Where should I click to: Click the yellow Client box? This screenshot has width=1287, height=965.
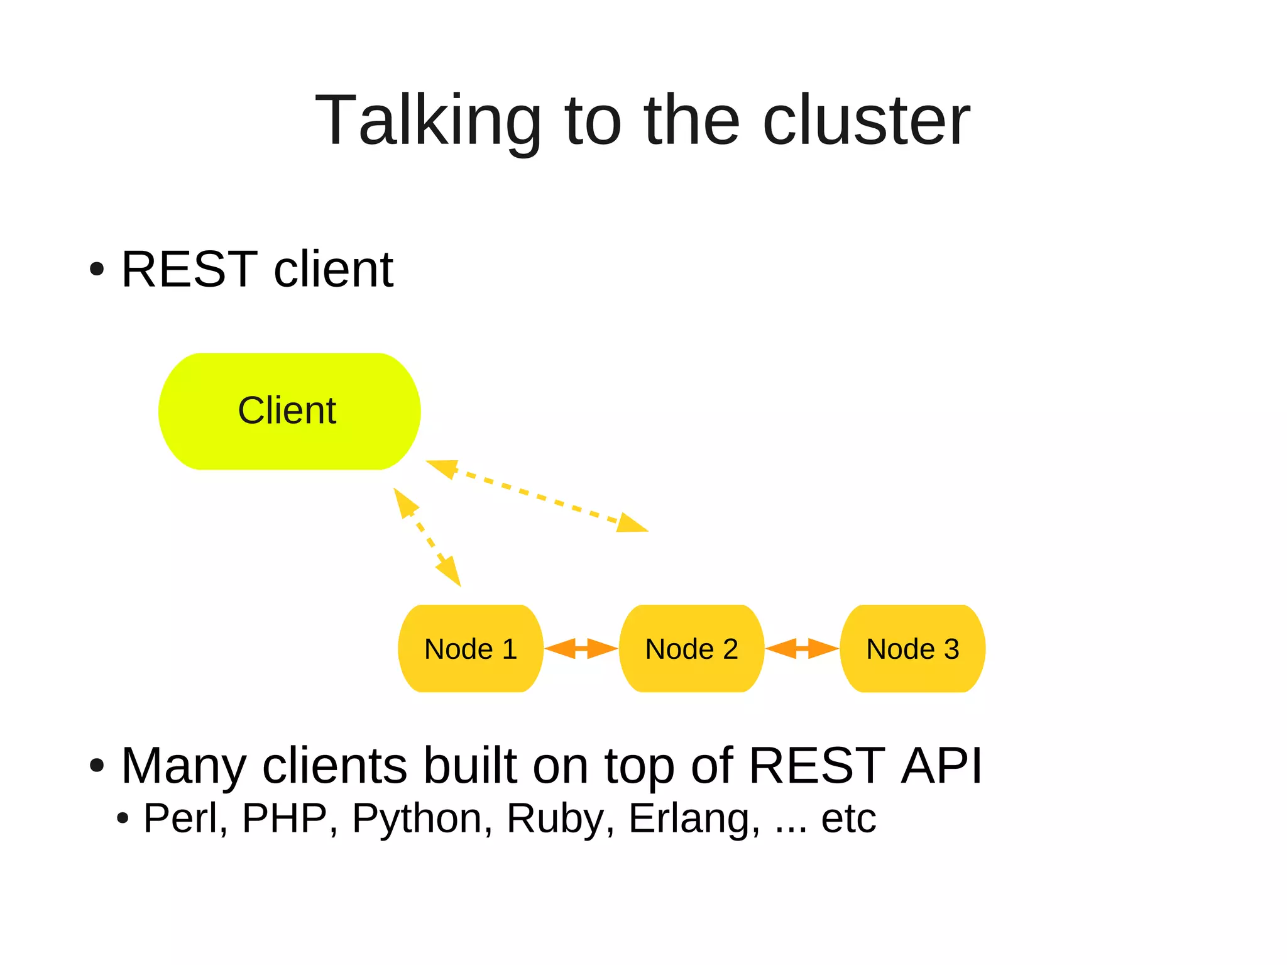(x=289, y=411)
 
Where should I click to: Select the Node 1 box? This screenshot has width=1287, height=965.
(x=470, y=649)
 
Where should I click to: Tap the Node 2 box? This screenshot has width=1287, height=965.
(x=691, y=649)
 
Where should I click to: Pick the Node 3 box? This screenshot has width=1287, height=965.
(x=912, y=649)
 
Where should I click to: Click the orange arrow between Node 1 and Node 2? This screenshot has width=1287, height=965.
(x=581, y=648)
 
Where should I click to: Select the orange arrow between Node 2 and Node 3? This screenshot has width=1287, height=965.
(x=802, y=648)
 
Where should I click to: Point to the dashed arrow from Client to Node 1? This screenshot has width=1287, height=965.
(x=427, y=537)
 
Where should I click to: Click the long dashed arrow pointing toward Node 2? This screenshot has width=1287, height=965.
(x=537, y=496)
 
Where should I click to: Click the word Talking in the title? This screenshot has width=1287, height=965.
(x=427, y=121)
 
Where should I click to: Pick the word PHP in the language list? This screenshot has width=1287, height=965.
(x=285, y=819)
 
